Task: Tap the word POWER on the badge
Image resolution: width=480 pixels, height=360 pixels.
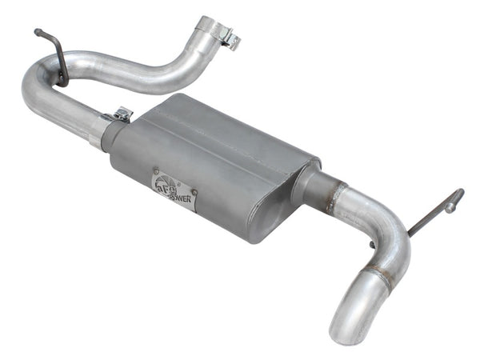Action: [179, 197]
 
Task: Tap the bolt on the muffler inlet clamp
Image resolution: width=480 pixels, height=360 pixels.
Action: [122, 115]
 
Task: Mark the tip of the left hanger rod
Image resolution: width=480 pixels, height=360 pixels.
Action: [38, 32]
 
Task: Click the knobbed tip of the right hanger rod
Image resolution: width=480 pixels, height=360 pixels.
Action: [458, 194]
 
